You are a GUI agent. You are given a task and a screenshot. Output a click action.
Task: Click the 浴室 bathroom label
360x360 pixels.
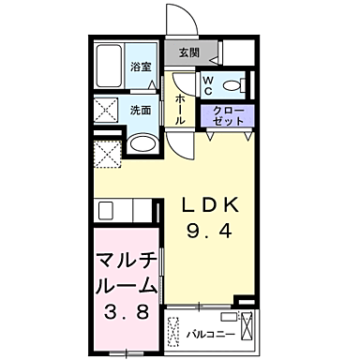click(141, 67)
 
